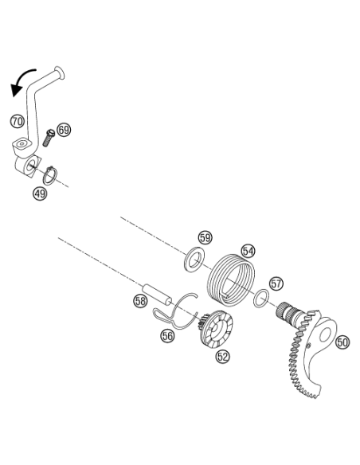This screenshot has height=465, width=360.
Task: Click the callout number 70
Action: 18,122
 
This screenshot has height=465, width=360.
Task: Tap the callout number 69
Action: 64,130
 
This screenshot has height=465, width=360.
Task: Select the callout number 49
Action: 40,193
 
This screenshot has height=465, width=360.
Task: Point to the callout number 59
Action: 205,237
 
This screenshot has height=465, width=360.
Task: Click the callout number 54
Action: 248,251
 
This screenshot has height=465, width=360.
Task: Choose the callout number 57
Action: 276,283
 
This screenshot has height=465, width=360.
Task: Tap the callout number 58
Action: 140,301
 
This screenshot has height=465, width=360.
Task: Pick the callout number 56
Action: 167,336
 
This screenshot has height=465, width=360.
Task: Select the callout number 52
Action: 223,357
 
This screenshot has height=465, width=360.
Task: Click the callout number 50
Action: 342,342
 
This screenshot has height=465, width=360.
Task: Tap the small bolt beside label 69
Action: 49,137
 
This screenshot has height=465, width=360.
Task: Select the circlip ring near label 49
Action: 50,175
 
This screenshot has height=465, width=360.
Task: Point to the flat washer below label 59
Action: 194,258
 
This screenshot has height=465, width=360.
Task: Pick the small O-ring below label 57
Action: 261,298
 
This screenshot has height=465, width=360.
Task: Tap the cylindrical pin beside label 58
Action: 157,294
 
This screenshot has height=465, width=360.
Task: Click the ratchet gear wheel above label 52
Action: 216,329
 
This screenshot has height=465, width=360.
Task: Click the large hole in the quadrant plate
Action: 325,334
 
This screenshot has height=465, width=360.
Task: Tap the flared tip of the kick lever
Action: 60,72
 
